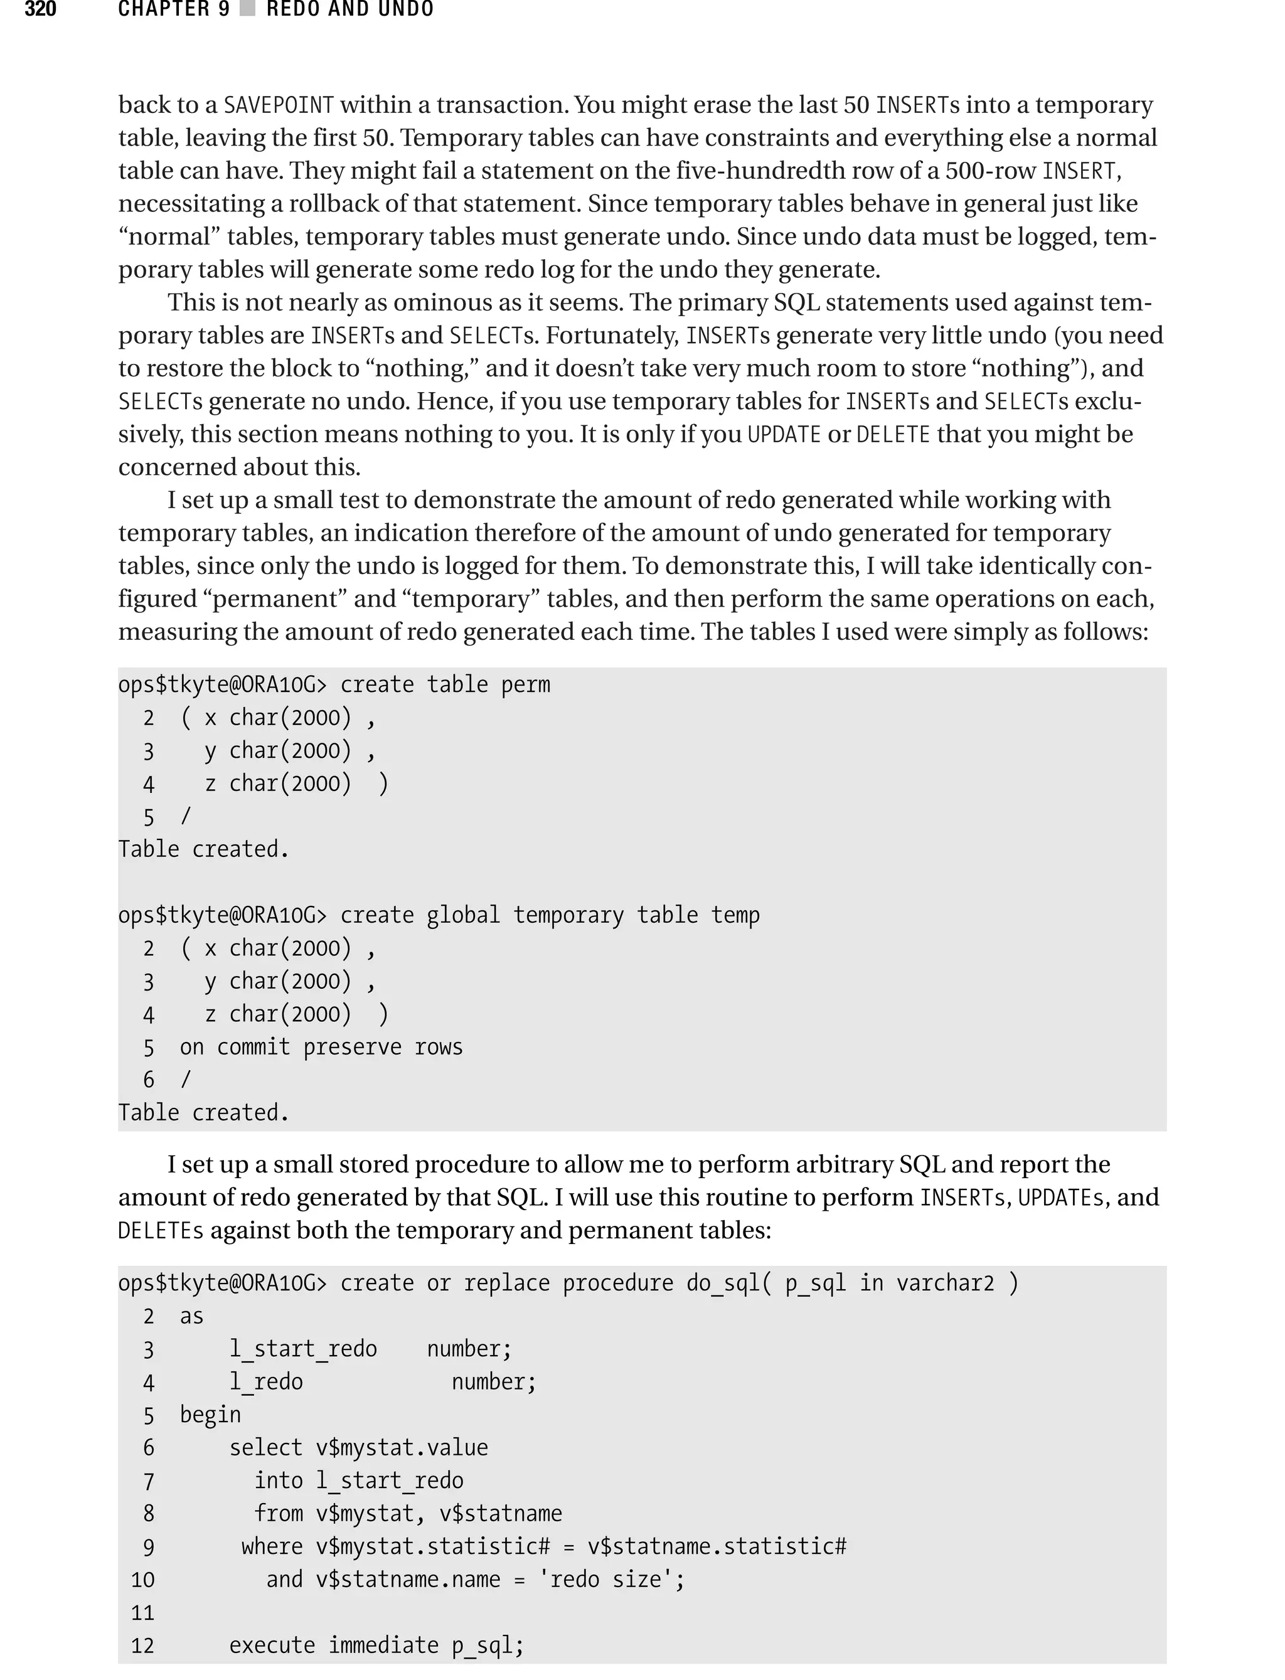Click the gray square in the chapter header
(x=247, y=9)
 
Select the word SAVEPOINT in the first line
(x=279, y=105)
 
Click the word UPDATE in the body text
(x=783, y=434)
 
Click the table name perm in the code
(x=525, y=684)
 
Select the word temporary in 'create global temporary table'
(x=568, y=915)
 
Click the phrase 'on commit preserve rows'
(x=321, y=1047)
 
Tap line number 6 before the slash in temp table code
(x=148, y=1080)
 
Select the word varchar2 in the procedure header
(x=945, y=1283)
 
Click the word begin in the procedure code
(x=210, y=1415)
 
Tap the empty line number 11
(x=143, y=1613)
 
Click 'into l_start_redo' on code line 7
(x=358, y=1481)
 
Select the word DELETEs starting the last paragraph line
(x=161, y=1230)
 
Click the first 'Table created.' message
(x=203, y=849)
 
